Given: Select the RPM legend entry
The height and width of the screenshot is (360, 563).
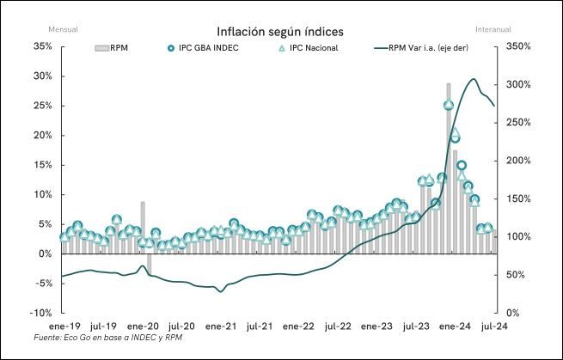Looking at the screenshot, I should pos(113,48).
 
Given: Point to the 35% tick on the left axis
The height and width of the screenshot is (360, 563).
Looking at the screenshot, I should pos(41,46).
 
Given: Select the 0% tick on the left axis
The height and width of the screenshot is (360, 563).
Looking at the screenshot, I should pos(44,253).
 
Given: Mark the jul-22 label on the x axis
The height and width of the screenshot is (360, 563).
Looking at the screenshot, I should pos(336,326).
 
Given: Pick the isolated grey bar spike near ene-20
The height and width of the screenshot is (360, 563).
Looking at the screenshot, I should pos(143,227).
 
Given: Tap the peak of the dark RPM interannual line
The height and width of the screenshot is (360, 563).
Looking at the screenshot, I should pos(474,79).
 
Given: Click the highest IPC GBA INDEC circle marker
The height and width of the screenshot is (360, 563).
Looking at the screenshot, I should pos(449,105).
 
